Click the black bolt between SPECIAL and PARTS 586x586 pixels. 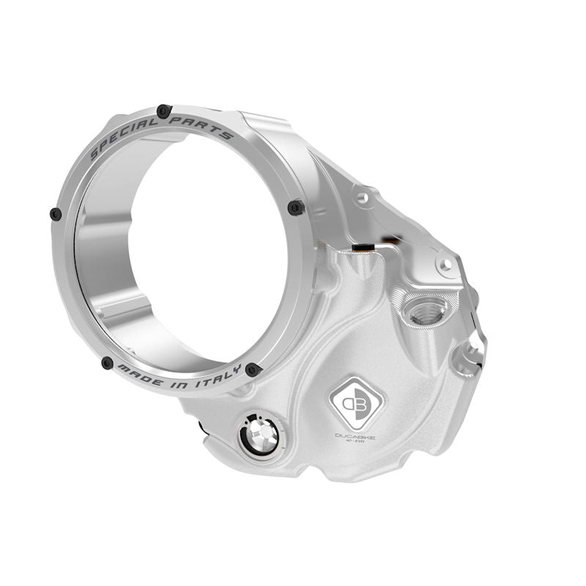coord(163,111)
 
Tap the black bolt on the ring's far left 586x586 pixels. coord(56,214)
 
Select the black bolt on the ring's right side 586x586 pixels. coord(296,207)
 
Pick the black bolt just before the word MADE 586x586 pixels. coord(107,363)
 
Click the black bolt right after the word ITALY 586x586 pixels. coord(253,369)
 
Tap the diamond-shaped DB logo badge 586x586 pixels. coord(355,403)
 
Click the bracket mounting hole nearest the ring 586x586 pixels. coord(360,197)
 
